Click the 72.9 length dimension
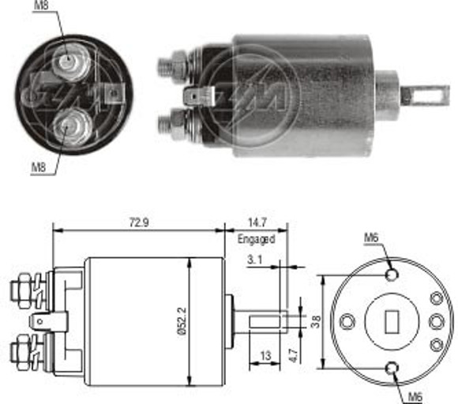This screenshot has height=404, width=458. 139,223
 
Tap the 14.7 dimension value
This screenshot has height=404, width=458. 257,223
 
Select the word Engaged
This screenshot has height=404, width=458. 256,239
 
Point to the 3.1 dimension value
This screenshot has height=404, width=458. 255,260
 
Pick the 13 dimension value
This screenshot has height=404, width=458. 265,356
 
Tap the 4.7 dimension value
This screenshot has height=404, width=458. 294,356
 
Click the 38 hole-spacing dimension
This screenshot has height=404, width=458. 316,321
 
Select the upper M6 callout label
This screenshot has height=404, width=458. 371,238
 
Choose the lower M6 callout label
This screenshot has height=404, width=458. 415,397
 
